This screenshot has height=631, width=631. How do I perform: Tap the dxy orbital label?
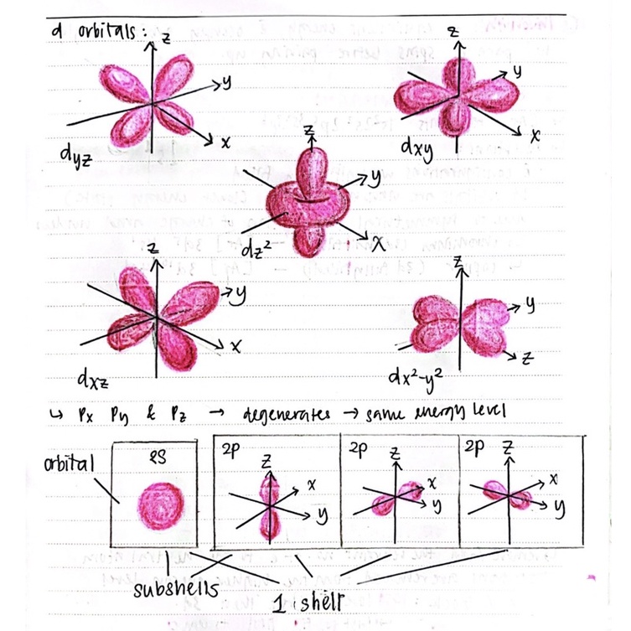point(416,149)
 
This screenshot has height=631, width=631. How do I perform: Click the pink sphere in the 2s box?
point(158,503)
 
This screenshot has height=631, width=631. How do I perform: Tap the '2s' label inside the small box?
point(157,456)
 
